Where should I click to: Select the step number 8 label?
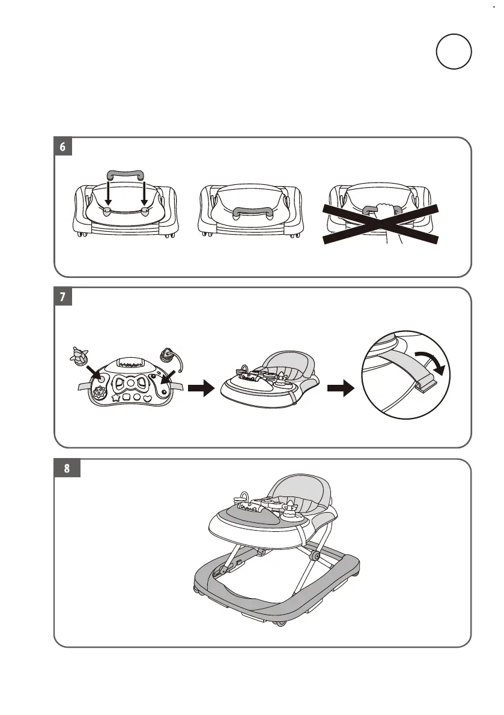point(65,469)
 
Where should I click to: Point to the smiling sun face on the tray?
point(99,393)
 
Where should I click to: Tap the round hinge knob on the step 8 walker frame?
point(314,557)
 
